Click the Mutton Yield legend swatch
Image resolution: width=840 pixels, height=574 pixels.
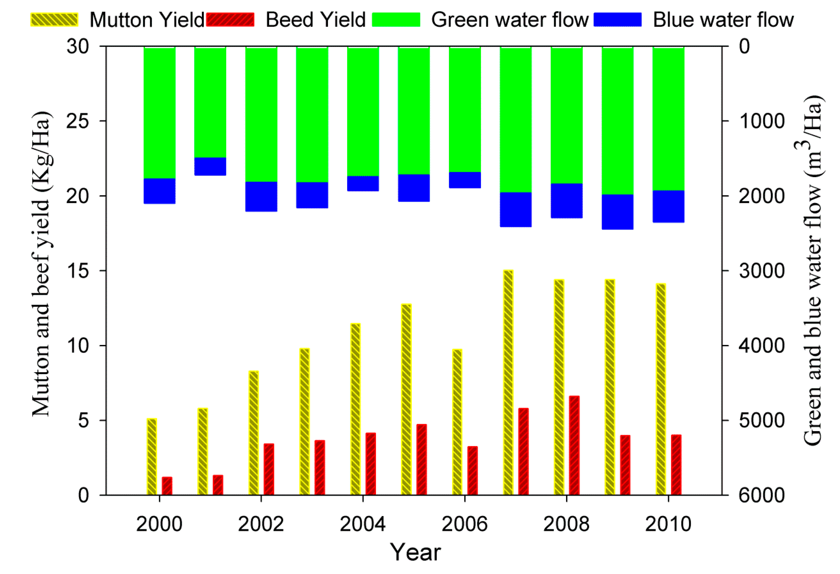[54, 20]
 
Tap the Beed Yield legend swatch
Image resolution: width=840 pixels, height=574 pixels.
[230, 20]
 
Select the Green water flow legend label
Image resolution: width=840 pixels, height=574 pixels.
[510, 20]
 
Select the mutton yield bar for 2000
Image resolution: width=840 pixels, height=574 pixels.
[152, 457]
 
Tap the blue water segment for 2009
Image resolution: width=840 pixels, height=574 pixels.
[617, 212]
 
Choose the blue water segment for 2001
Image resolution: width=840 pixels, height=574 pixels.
[210, 167]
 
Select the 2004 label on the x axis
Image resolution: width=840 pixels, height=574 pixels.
[363, 524]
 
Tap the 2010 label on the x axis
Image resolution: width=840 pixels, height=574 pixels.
[668, 524]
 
